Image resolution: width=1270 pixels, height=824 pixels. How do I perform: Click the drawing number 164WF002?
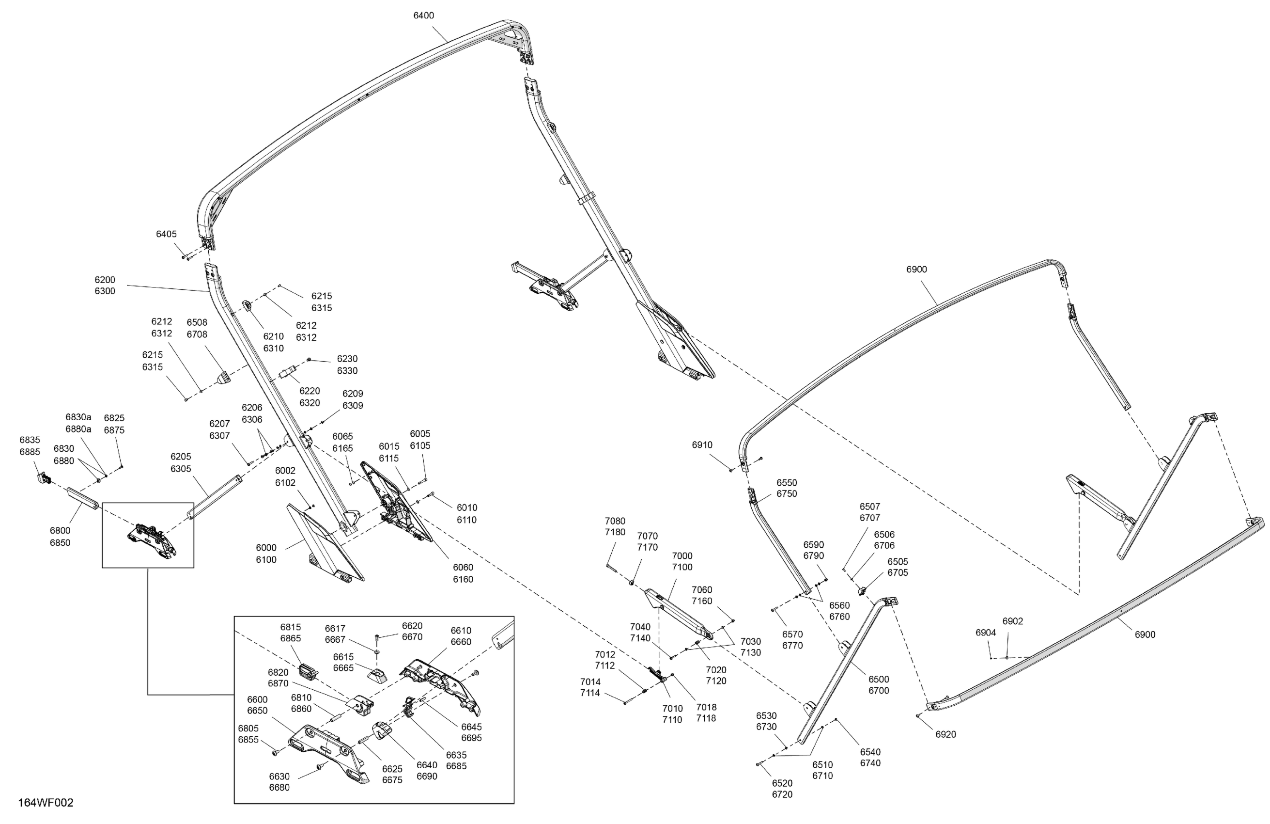click(x=46, y=803)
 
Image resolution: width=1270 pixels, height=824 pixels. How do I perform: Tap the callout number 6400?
click(x=424, y=16)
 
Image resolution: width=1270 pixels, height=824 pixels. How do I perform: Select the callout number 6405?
click(x=166, y=234)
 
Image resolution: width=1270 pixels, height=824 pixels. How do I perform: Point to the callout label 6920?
click(x=945, y=734)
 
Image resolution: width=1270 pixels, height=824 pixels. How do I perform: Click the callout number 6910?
click(x=702, y=445)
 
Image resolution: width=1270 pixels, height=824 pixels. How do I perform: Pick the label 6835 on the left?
click(x=30, y=440)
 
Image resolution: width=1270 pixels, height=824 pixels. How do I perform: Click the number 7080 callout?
click(x=615, y=521)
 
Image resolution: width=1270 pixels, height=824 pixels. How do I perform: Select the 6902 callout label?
click(x=1013, y=621)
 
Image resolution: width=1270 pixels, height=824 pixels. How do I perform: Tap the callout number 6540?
click(x=870, y=752)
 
